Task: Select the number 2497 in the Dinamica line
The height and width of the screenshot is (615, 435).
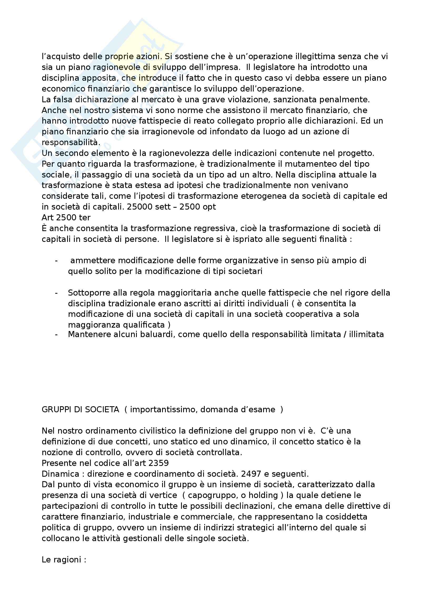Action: tap(251, 474)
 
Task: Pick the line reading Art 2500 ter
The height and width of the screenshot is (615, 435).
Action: tap(66, 217)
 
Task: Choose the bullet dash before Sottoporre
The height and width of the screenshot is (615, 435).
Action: tap(56, 293)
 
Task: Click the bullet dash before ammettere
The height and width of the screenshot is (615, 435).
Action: tap(56, 260)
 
